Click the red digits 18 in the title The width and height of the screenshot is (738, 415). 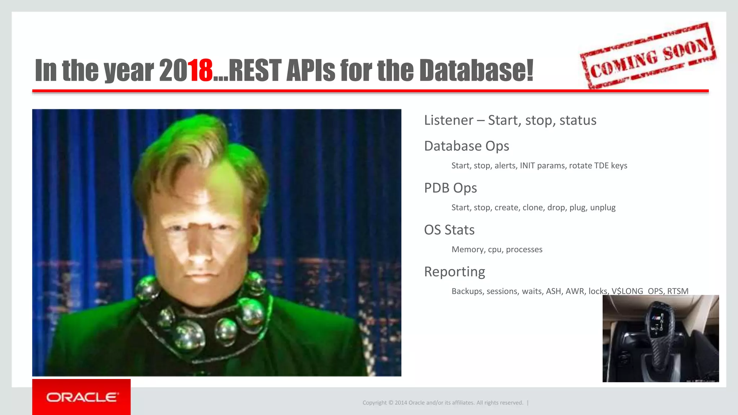200,70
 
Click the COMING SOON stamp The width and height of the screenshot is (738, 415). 649,56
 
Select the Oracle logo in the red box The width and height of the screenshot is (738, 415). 81,397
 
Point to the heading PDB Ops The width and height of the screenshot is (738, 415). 450,188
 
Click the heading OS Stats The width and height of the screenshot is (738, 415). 449,230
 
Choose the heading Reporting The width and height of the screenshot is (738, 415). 454,272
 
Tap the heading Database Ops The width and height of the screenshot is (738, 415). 466,146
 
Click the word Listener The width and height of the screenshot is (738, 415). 449,120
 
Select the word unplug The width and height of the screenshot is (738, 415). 603,208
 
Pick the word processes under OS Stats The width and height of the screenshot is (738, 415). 524,250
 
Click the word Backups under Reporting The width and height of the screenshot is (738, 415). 467,291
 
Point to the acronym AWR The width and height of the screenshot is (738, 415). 575,291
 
